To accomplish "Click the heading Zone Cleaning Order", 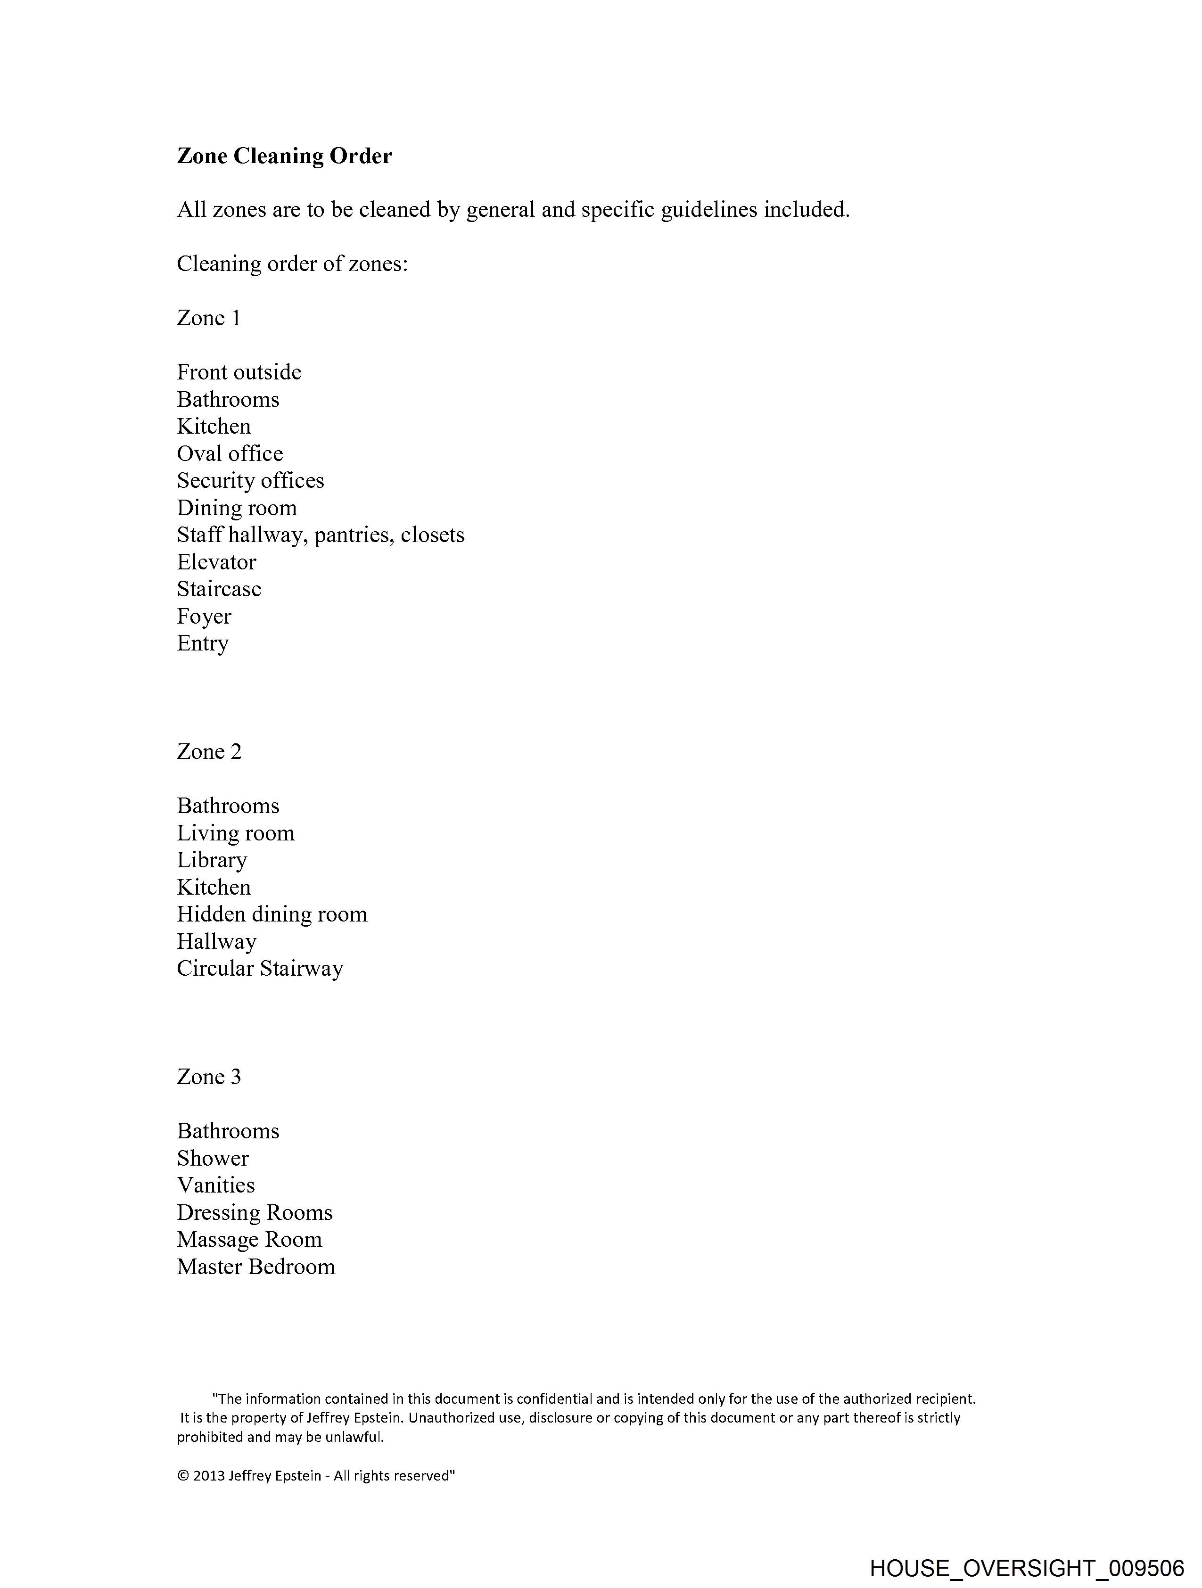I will (284, 156).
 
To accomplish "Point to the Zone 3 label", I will (209, 1076).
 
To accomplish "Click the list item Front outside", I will (239, 372).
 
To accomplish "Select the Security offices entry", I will (250, 480).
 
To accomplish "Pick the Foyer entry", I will (204, 616).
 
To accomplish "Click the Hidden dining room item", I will (272, 914).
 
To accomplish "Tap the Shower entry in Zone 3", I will (213, 1158).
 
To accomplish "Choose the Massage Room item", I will (249, 1239).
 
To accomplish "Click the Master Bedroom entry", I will (255, 1267).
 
